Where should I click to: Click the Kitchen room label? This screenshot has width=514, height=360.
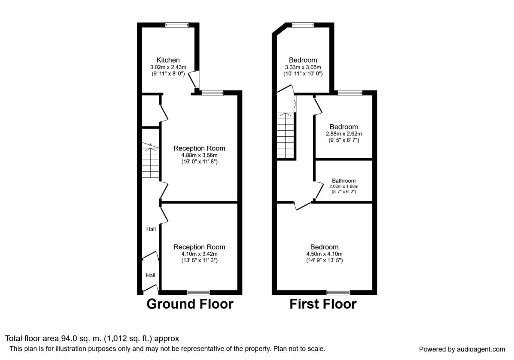168,60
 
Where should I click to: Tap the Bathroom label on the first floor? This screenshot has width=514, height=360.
344,181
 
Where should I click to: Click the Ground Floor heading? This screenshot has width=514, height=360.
190,304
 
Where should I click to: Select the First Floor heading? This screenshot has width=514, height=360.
323,304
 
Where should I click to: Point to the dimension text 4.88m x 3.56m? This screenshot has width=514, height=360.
200,155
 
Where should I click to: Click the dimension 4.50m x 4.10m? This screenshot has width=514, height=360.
325,254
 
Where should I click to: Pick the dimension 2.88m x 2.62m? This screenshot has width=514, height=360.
344,134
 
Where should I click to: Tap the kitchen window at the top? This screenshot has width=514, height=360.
176,25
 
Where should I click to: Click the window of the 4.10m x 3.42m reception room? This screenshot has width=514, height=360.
198,292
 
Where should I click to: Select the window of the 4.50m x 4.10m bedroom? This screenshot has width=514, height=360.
338,292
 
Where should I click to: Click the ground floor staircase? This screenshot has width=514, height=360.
150,160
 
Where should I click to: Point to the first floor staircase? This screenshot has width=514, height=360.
285,135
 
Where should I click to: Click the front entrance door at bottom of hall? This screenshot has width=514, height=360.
151,290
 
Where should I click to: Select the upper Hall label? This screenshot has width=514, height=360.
151,229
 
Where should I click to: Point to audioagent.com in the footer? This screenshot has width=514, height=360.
481,349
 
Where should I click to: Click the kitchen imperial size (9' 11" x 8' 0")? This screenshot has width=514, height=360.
168,74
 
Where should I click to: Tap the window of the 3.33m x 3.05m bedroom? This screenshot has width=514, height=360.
303,25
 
